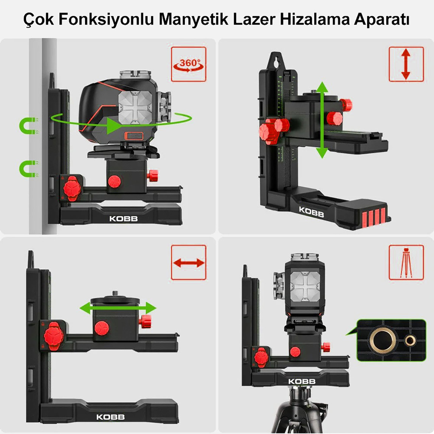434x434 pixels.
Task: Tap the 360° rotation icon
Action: [188, 64]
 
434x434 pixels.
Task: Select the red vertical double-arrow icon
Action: [406, 64]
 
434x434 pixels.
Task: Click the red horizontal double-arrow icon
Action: [188, 262]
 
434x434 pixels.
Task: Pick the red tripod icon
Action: [406, 262]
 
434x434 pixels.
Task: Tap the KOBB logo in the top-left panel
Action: [123, 219]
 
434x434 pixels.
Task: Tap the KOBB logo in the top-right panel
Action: [311, 212]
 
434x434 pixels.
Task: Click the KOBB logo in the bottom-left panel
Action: [110, 417]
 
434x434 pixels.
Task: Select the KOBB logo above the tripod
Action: [302, 381]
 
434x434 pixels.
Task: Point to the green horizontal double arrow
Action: [118, 308]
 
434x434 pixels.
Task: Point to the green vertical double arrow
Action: [322, 120]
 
